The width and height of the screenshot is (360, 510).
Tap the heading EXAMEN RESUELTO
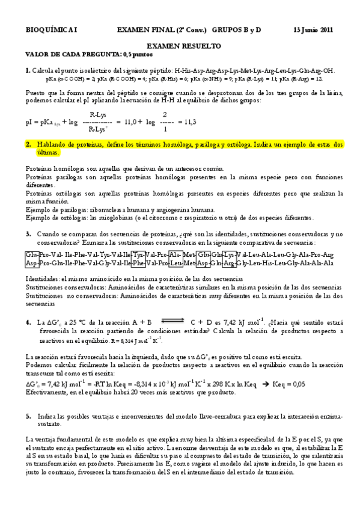pos(184,46)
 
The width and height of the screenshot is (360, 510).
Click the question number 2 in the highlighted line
pos(28,145)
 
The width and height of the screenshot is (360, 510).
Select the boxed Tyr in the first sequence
pos(138,254)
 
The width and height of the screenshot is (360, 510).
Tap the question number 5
pos(28,416)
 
